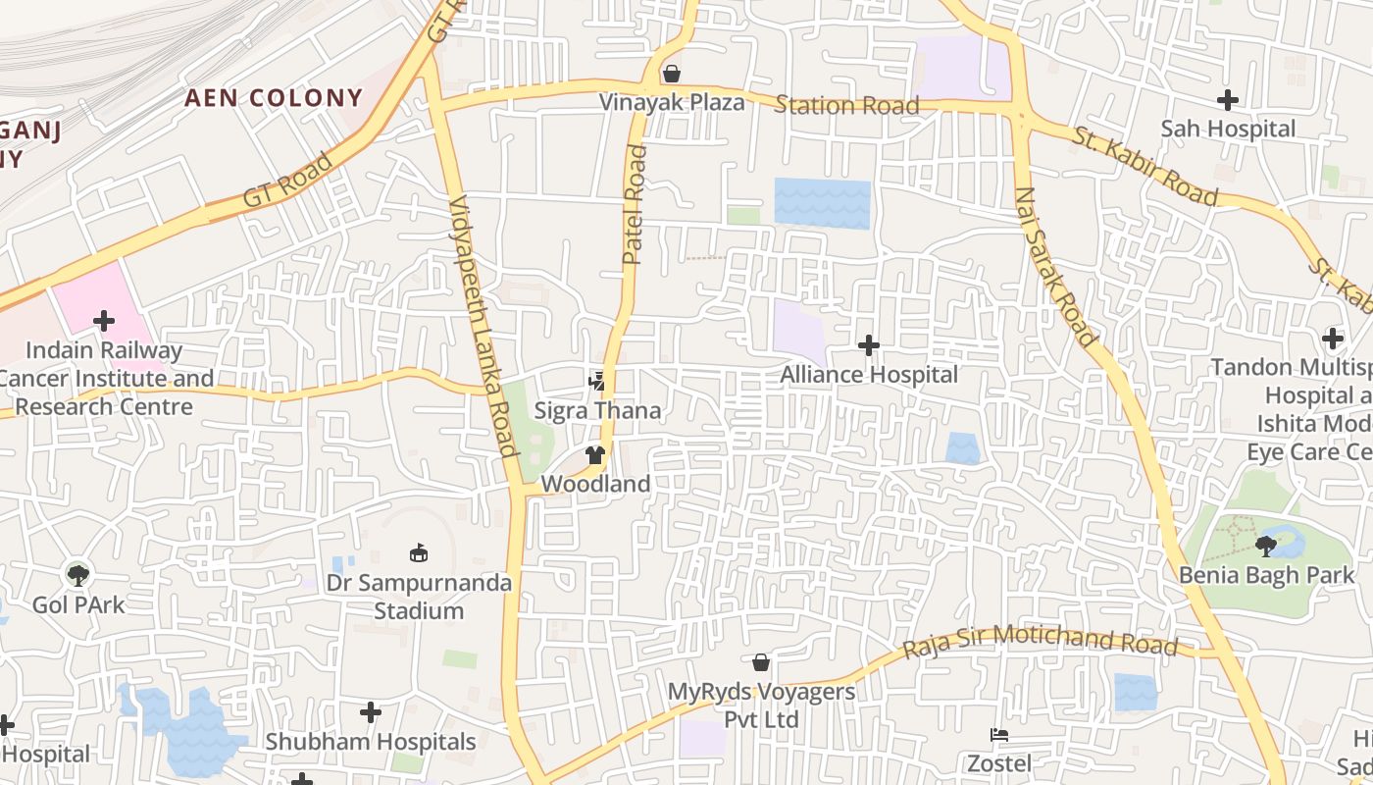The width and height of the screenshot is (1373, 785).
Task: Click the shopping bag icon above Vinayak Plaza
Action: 672,74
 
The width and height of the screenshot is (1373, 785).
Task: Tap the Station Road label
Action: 846,105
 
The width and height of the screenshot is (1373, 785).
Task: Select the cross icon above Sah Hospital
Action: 1227,100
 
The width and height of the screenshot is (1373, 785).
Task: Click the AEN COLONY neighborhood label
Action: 274,98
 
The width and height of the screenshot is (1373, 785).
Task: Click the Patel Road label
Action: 635,205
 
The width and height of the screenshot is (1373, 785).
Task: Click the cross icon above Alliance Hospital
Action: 868,345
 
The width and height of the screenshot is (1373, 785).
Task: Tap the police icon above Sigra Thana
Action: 596,380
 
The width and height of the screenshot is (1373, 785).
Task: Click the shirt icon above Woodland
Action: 594,454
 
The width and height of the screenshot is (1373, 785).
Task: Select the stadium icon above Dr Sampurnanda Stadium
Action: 419,553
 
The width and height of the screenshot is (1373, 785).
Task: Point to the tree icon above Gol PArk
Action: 77,575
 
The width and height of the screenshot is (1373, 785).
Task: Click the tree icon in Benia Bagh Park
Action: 1265,546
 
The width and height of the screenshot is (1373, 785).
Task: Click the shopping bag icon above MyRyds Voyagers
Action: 761,662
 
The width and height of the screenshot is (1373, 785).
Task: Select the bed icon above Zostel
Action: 998,735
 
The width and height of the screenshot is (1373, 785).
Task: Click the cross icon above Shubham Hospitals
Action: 370,712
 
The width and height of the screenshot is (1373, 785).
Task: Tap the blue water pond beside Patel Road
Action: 822,203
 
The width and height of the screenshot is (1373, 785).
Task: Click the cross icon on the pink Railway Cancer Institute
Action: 103,321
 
